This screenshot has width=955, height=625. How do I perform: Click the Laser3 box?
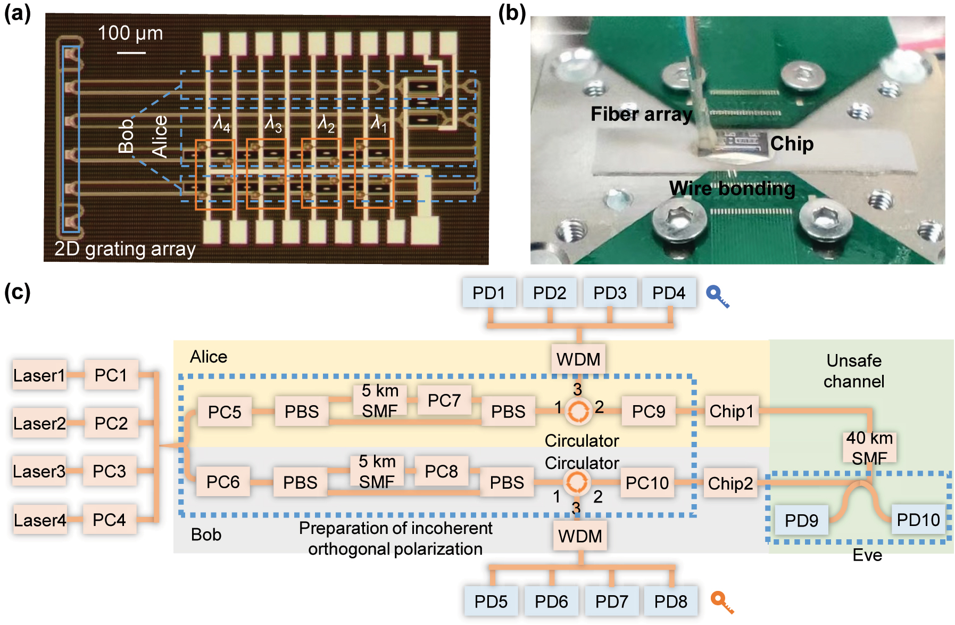[39, 471]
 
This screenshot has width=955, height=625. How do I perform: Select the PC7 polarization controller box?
[444, 400]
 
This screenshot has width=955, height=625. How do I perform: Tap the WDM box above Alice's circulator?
[578, 359]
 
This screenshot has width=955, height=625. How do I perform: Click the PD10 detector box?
[918, 520]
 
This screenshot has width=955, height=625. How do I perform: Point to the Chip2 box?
[730, 483]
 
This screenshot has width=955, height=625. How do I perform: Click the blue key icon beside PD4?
[717, 296]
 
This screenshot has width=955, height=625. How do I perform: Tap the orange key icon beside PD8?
[722, 602]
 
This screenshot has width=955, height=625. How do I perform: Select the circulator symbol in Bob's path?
[576, 482]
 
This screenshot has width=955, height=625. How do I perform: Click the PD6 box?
[551, 602]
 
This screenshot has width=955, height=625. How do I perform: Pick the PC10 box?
[647, 483]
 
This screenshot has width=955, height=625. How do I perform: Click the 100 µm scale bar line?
[131, 53]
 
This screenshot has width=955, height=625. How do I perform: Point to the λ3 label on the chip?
[273, 125]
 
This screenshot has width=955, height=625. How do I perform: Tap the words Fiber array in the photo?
[641, 114]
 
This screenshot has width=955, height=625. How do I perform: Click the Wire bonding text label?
[732, 188]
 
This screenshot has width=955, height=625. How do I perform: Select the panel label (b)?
[512, 13]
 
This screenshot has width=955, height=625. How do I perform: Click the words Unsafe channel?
[853, 371]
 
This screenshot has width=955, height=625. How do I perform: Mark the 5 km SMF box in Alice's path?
[380, 400]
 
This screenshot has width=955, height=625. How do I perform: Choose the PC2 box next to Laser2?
[111, 423]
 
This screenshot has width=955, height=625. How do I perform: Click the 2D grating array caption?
[125, 249]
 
